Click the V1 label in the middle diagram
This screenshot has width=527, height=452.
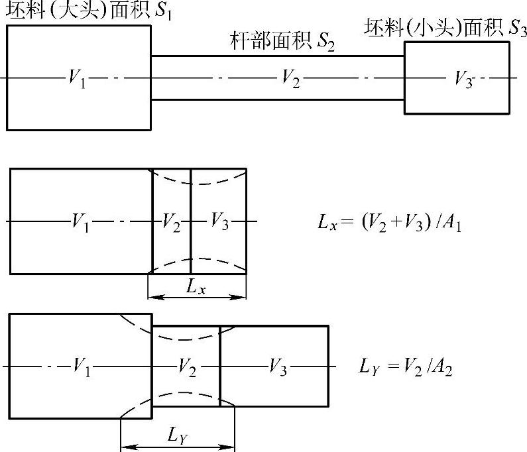[x=80, y=222]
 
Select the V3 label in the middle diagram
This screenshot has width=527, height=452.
[x=219, y=222]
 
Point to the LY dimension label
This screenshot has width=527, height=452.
[x=177, y=435]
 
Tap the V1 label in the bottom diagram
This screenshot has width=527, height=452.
[x=82, y=366]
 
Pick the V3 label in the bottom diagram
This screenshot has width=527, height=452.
[x=278, y=366]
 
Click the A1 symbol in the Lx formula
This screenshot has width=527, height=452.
[x=454, y=223]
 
